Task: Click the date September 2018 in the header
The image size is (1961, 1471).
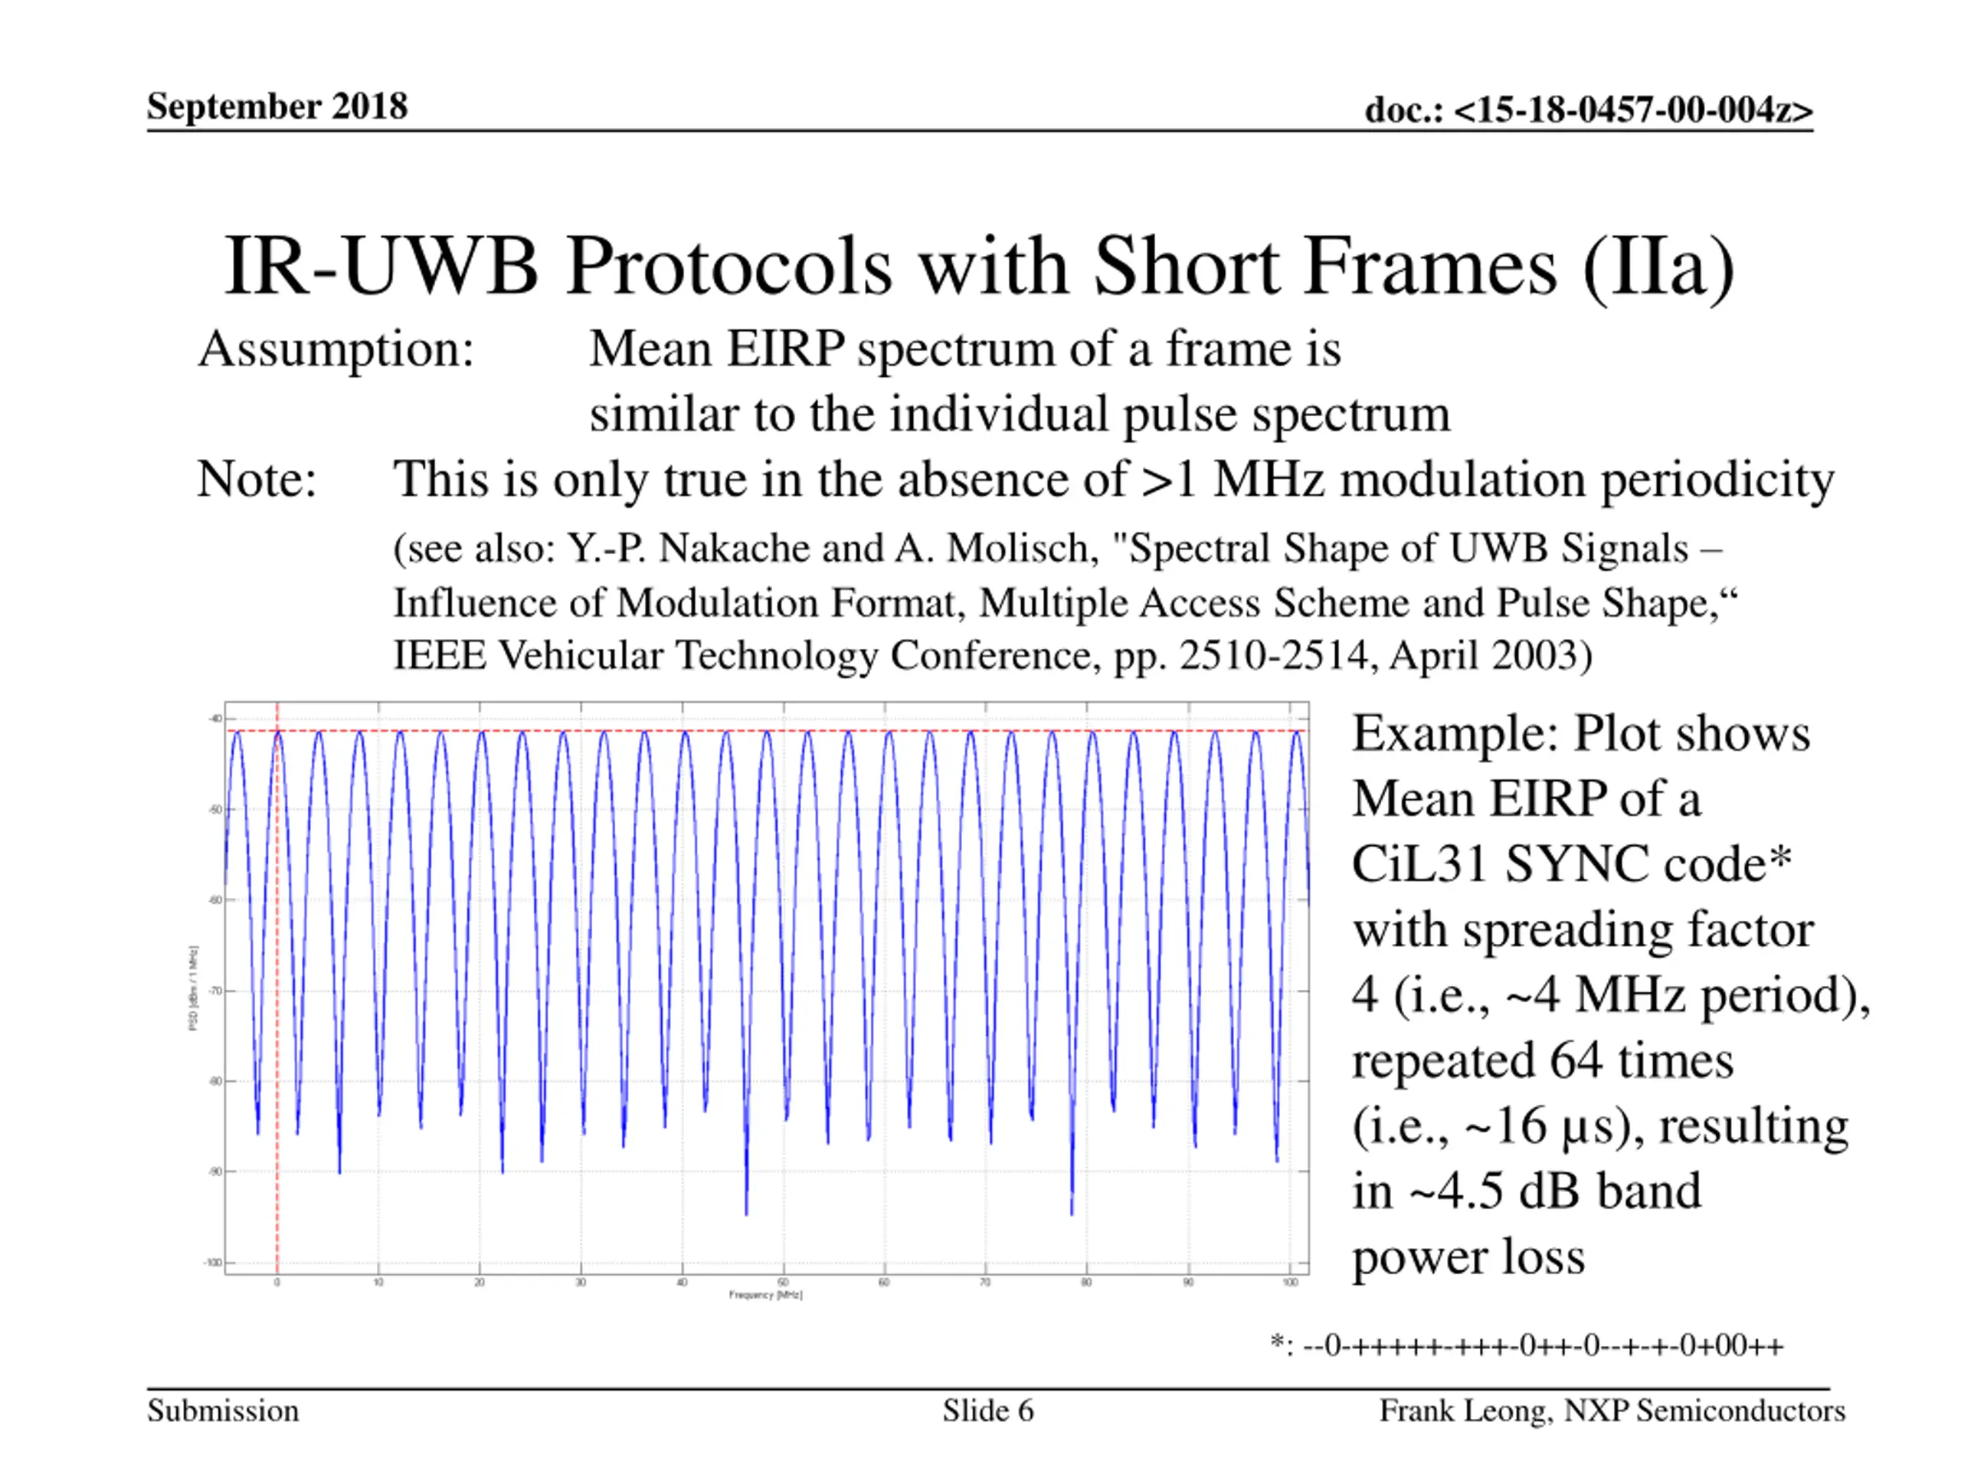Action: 277,106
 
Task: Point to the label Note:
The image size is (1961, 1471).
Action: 256,480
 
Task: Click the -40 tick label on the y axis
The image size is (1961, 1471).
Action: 214,719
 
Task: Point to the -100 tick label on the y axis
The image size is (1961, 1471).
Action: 213,1263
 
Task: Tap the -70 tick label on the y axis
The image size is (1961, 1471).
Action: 214,991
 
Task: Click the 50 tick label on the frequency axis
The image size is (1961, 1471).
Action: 783,1282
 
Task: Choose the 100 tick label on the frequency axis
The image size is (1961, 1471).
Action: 1290,1282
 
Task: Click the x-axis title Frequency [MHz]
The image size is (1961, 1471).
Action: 766,1296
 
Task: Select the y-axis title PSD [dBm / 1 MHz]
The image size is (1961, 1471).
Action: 193,988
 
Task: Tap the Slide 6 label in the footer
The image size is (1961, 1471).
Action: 987,1410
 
